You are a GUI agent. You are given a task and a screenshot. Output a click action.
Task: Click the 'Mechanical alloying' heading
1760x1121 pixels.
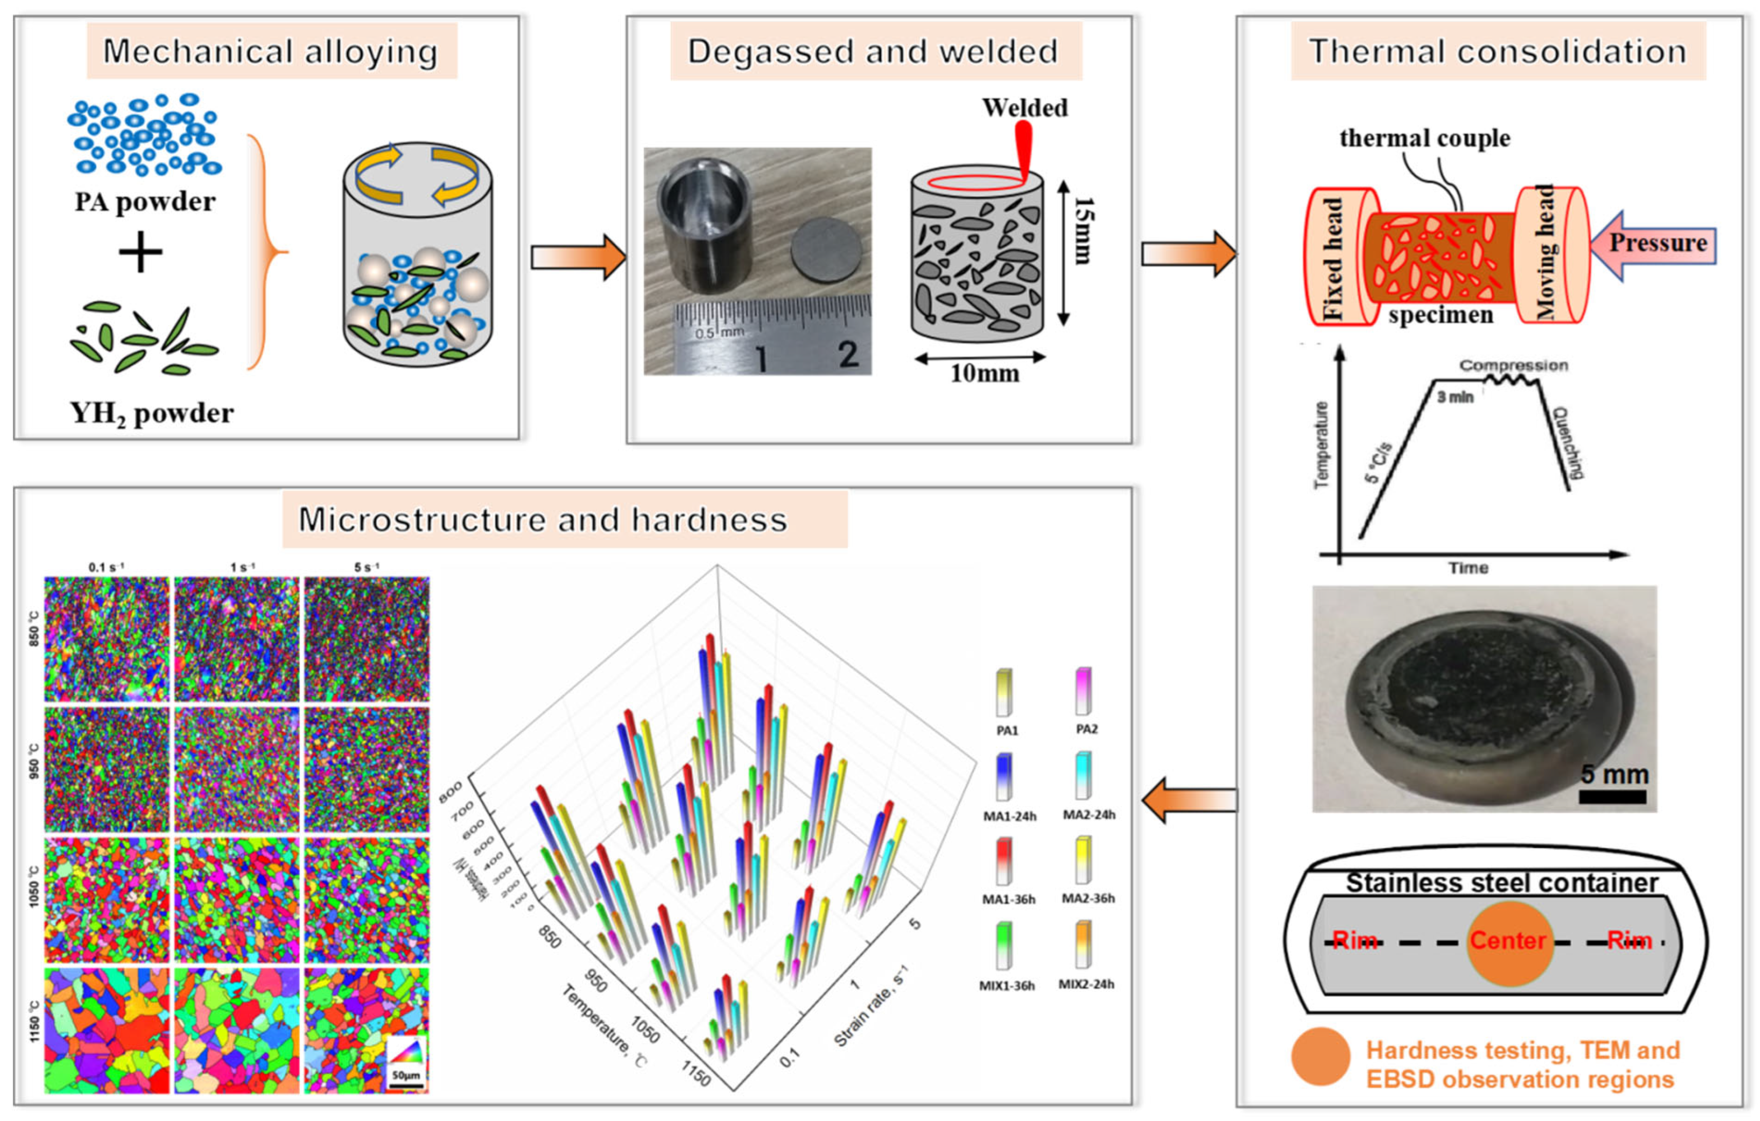(270, 51)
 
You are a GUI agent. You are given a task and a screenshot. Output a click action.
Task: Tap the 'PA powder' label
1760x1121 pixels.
(145, 202)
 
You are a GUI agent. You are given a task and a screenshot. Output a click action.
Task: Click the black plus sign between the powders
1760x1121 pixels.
(140, 252)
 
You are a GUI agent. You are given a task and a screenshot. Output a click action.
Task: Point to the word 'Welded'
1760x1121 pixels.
(1024, 108)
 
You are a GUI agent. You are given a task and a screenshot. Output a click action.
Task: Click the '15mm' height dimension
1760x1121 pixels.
(1083, 230)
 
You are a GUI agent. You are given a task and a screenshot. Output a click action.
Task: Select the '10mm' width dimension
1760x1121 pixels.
(984, 374)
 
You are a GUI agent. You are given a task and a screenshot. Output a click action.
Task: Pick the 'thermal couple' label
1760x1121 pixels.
(1424, 138)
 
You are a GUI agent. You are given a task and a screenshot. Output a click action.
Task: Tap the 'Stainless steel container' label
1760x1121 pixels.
(1502, 882)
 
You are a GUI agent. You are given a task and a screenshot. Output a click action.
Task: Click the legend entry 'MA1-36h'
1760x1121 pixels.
(1008, 899)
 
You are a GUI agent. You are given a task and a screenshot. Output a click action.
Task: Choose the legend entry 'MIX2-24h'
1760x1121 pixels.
(1086, 984)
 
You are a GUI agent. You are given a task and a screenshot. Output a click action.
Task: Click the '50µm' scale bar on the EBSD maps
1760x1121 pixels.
(406, 1075)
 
